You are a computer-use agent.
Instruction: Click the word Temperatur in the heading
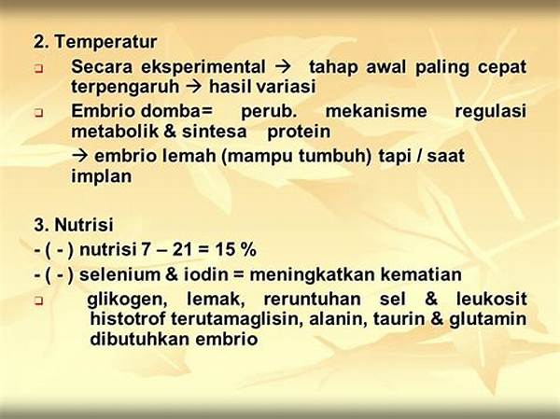point(105,42)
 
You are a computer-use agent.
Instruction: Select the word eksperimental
point(203,67)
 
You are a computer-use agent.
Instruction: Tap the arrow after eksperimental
point(283,67)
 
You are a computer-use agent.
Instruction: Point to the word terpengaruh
point(125,87)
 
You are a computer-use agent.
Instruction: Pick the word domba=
point(176,111)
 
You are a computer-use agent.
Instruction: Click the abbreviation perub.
point(269,112)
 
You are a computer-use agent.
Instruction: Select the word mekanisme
point(376,111)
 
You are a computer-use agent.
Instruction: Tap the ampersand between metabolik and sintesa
point(170,132)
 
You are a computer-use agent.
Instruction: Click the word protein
point(299,133)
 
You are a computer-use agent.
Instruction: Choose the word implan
point(102,176)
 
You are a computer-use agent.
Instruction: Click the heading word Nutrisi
point(84,225)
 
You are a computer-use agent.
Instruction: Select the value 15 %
point(236,250)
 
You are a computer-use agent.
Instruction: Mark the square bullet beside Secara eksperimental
point(38,69)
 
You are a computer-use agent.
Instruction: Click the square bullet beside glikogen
point(38,301)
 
